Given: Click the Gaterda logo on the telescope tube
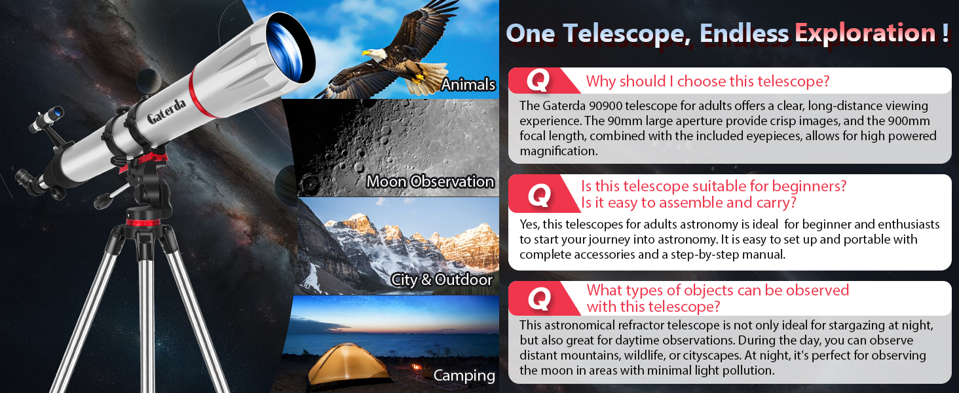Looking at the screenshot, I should pyautogui.click(x=166, y=110).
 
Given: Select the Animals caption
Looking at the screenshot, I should pyautogui.click(x=468, y=84).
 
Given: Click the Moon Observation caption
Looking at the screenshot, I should pyautogui.click(x=430, y=181).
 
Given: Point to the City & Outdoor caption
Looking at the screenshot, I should pyautogui.click(x=442, y=280).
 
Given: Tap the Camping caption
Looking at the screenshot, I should pyautogui.click(x=464, y=375).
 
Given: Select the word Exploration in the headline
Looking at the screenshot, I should pyautogui.click(x=865, y=33).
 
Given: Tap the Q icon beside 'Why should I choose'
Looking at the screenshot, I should pyautogui.click(x=538, y=81).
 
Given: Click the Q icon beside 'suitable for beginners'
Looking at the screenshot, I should pyautogui.click(x=538, y=195).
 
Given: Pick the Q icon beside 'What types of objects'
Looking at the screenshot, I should pyautogui.click(x=538, y=299).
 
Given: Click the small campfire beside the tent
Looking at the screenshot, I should pyautogui.click(x=414, y=368).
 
